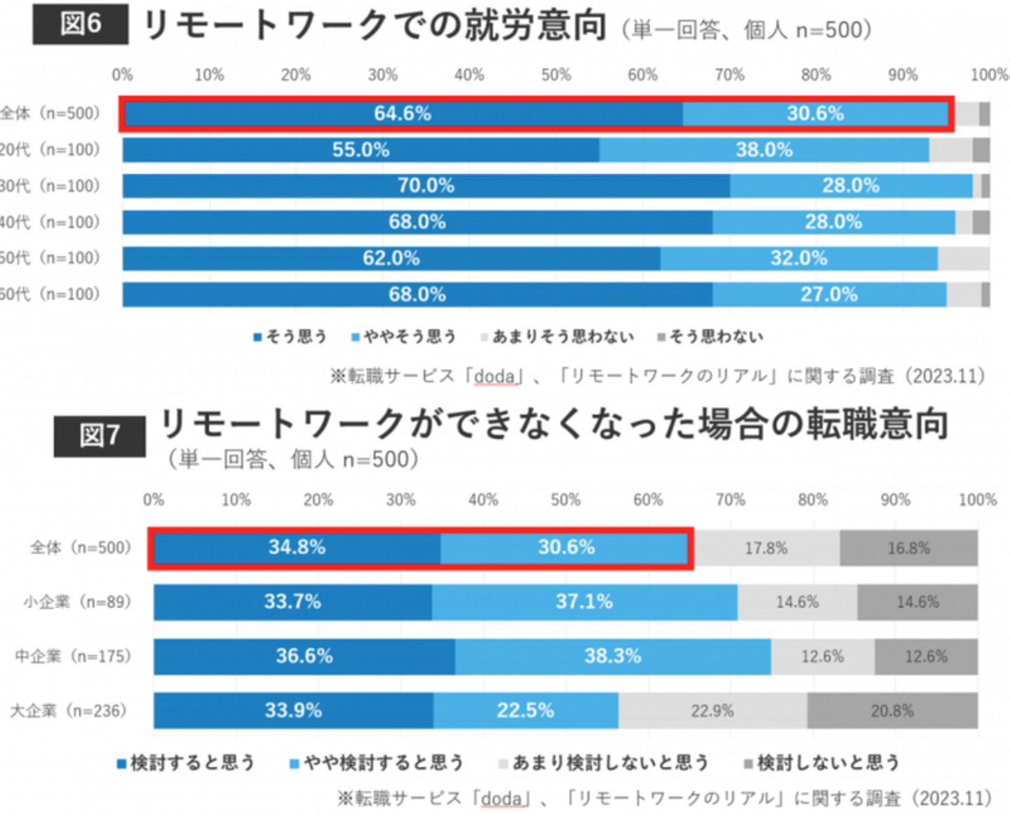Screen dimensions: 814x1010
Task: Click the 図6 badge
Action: (81, 24)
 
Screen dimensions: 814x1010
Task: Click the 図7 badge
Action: (100, 435)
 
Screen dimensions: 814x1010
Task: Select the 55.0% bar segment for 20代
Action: (361, 150)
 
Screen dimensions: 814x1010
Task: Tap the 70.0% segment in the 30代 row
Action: (426, 186)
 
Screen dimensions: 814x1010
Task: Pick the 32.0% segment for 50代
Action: (798, 258)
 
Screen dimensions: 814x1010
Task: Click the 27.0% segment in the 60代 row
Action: (829, 294)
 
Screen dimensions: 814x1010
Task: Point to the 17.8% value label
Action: (766, 548)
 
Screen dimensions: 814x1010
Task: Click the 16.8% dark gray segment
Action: (908, 548)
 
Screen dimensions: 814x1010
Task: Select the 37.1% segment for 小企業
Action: (584, 602)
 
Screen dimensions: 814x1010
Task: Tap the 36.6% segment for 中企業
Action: (304, 656)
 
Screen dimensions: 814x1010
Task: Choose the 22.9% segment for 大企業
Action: (712, 711)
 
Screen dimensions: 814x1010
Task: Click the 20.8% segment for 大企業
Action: (892, 711)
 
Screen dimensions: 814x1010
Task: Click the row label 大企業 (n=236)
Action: (68, 711)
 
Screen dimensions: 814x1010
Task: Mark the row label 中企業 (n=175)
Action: (73, 656)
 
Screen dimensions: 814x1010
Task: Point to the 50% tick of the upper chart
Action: (555, 75)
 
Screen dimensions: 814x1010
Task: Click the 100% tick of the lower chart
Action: (977, 500)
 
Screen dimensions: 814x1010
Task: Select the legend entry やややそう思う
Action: (404, 337)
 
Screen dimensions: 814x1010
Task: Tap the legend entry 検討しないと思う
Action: (822, 763)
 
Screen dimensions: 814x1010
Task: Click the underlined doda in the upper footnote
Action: (494, 377)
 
